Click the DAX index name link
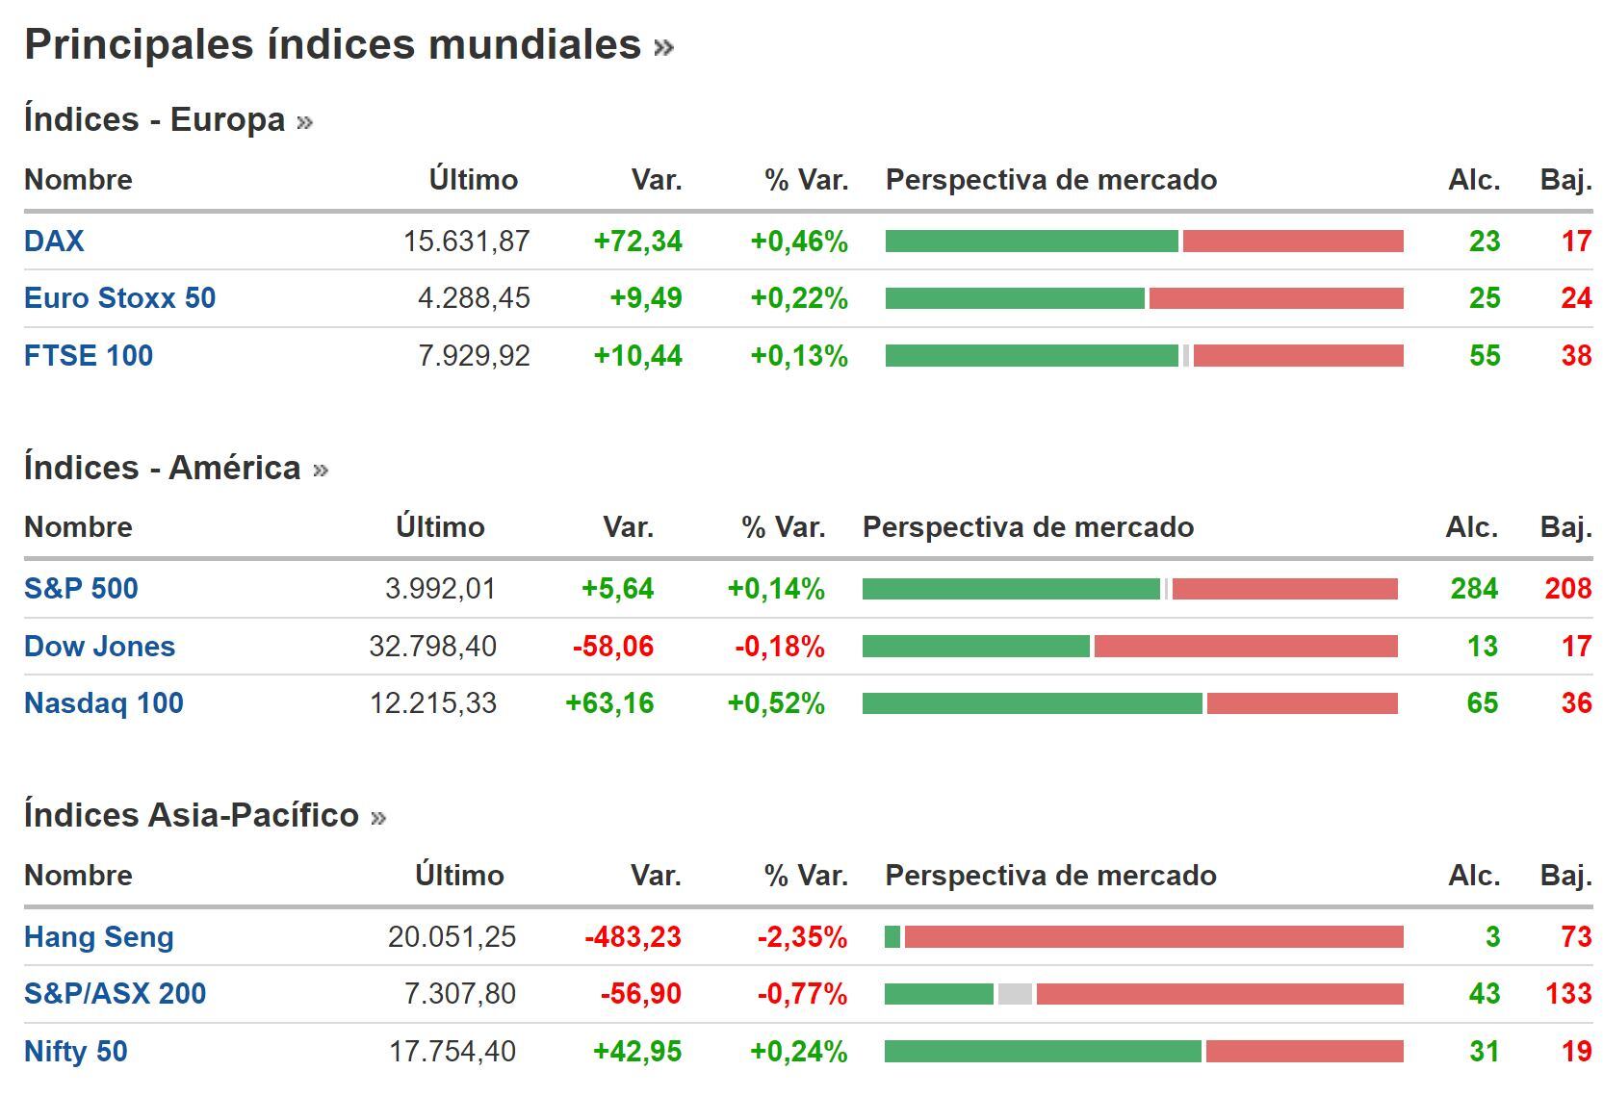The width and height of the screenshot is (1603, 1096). coord(54,241)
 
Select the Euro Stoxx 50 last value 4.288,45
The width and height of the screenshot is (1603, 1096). coord(474,298)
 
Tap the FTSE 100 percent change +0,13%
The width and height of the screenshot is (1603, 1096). coord(799,356)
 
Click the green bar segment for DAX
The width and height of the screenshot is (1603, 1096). coord(1031,241)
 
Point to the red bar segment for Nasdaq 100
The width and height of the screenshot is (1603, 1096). coord(1302,703)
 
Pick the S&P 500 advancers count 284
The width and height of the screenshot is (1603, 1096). coord(1474,589)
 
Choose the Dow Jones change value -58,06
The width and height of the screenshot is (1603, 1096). coord(613,647)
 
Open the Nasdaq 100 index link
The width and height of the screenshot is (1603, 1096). coord(104,703)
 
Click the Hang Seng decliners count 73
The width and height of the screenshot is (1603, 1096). coord(1575,936)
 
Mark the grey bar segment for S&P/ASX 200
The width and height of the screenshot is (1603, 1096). coord(1015,994)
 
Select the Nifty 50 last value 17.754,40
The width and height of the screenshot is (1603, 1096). coord(452,1051)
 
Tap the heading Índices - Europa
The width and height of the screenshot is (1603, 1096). coord(155,119)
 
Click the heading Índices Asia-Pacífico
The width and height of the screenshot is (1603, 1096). coord(192,815)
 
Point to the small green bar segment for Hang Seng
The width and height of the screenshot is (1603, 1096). coord(892,936)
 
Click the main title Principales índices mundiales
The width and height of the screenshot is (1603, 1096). coord(333,44)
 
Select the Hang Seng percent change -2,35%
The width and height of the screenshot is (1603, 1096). coord(802,936)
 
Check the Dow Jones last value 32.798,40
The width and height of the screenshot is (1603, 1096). coord(433,647)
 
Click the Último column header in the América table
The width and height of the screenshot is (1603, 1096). coord(440,527)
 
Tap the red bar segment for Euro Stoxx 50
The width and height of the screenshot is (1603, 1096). coord(1276,298)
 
